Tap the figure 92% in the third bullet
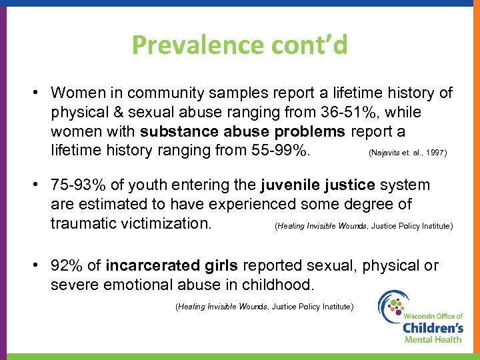(67, 265)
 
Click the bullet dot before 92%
(41, 265)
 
